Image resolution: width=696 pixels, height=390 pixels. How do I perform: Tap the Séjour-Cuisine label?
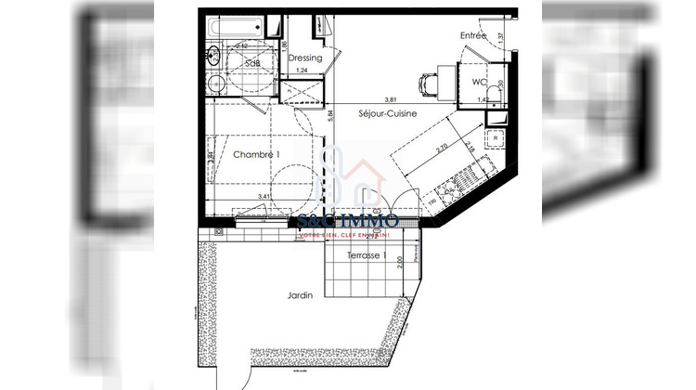[387, 113]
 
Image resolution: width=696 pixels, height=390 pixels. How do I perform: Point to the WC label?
[480, 82]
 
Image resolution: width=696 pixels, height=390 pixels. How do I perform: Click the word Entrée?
[473, 35]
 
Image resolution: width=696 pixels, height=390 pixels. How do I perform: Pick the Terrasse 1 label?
[367, 254]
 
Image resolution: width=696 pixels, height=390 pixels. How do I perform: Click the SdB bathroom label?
[251, 62]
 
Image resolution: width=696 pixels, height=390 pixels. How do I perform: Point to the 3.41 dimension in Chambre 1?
[264, 197]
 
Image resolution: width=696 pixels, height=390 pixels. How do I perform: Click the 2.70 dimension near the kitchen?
[443, 148]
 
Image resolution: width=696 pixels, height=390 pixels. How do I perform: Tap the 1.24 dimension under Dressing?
[301, 71]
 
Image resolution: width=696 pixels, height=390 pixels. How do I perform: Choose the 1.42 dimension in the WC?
[483, 99]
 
